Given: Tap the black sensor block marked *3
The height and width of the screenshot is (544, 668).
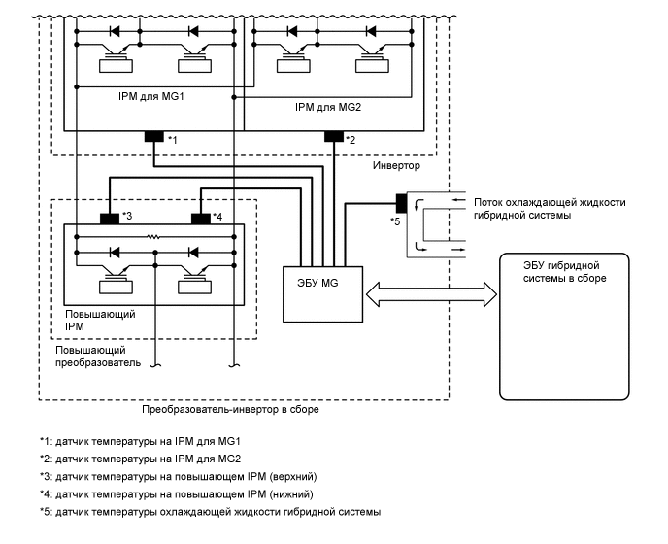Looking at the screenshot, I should click(x=110, y=217).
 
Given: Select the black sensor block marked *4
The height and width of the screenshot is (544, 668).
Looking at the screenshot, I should click(x=201, y=217).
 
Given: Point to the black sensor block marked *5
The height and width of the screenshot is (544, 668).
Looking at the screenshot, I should click(x=400, y=204).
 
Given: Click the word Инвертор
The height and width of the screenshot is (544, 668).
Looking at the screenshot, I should click(x=396, y=166).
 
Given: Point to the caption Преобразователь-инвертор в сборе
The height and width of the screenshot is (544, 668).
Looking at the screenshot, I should click(x=230, y=410).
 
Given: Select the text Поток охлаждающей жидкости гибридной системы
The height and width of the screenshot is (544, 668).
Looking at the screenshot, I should click(x=550, y=209).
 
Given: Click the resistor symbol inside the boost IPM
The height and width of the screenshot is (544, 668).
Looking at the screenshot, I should click(x=152, y=236).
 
